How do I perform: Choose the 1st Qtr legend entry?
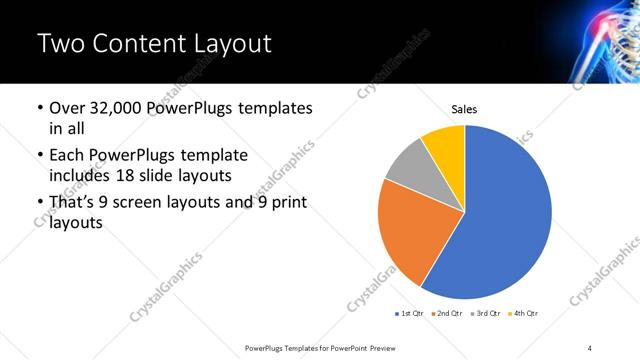click(411, 314)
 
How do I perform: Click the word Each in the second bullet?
click(67, 156)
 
